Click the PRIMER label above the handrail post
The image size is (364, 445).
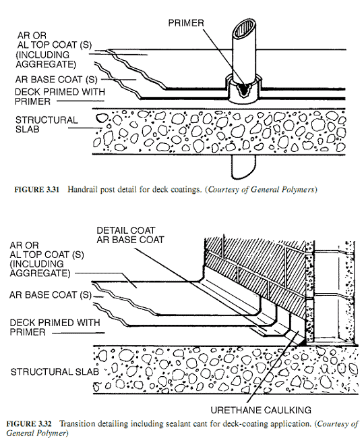click(x=186, y=23)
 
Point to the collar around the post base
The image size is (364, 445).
click(x=243, y=90)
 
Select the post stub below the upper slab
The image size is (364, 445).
click(x=243, y=167)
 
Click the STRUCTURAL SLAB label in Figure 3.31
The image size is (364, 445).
click(x=47, y=124)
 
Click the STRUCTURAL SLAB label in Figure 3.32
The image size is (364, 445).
click(x=55, y=371)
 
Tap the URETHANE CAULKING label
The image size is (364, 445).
click(x=261, y=410)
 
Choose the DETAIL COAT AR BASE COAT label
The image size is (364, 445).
click(x=130, y=235)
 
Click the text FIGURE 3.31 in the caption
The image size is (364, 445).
click(x=37, y=189)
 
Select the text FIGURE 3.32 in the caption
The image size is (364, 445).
click(x=29, y=424)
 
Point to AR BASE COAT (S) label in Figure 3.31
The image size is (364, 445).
click(x=57, y=80)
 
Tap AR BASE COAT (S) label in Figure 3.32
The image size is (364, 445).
click(x=51, y=295)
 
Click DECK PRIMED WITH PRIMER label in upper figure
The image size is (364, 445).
click(x=60, y=97)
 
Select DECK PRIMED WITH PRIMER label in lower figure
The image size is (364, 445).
click(x=55, y=328)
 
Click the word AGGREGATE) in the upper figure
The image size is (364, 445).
click(x=46, y=64)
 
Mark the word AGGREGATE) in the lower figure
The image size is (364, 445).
click(x=40, y=273)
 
